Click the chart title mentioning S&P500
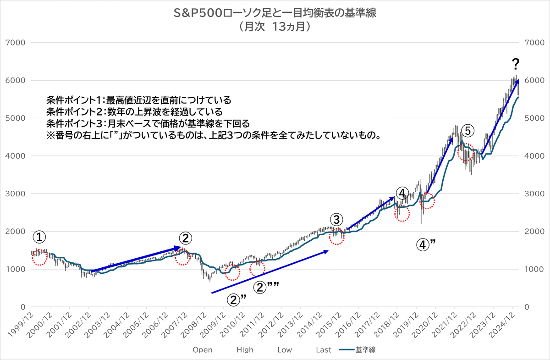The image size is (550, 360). click(275, 13)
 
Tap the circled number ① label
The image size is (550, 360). click(39, 237)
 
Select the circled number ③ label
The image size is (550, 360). click(336, 219)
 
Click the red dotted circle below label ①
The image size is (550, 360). click(39, 257)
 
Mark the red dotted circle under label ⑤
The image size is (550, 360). click(466, 152)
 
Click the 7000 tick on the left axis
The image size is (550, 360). click(16, 43)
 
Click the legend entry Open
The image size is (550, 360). click(202, 350)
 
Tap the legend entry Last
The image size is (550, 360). click(324, 350)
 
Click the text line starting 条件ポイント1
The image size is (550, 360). click(138, 100)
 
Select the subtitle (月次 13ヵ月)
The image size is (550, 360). click(275, 27)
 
